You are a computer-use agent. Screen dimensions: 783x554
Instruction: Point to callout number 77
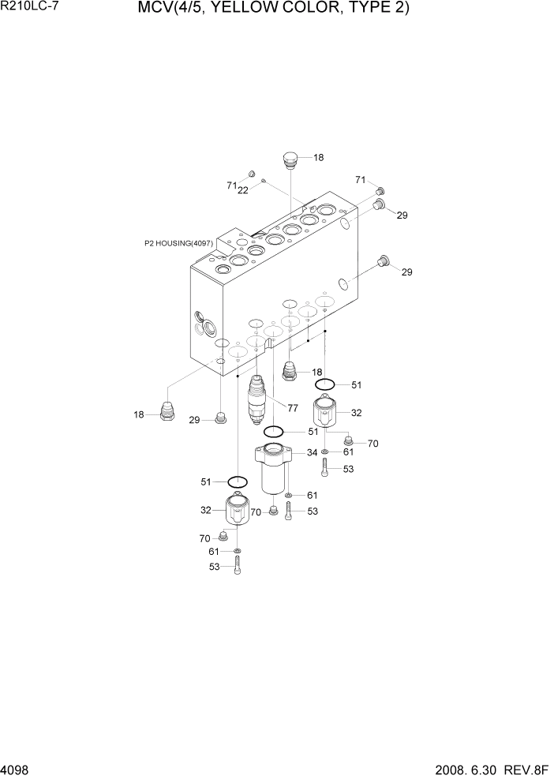coord(293,408)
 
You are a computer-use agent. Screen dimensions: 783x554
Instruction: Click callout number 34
coord(313,452)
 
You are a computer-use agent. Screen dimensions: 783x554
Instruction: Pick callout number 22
coord(243,190)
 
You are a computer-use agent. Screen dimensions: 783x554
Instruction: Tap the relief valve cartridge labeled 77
coord(257,399)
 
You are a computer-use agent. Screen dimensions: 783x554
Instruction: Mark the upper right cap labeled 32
coord(324,413)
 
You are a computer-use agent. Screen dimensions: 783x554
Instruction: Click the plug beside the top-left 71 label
coord(253,174)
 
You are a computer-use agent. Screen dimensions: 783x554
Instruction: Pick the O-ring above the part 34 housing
coord(274,432)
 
